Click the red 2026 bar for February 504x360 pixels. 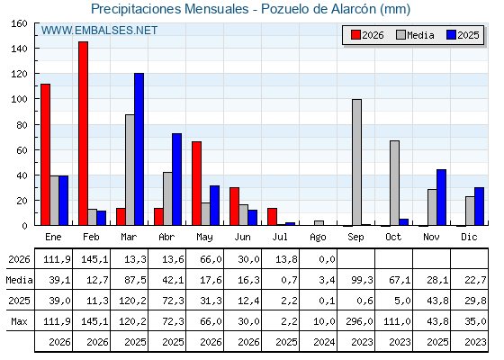pyautogui.click(x=83, y=133)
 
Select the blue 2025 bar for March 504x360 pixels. pyautogui.click(x=139, y=149)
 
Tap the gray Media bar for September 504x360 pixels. pyautogui.click(x=356, y=162)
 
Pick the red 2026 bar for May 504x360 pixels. pyautogui.click(x=197, y=184)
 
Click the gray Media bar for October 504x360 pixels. pyautogui.click(x=395, y=183)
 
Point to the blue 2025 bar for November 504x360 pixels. pyautogui.click(x=441, y=197)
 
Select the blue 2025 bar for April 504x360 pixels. pyautogui.click(x=176, y=179)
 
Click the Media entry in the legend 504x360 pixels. pyautogui.click(x=415, y=35)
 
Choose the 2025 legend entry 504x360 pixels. pyautogui.click(x=463, y=35)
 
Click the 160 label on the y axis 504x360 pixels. pyautogui.click(x=19, y=23)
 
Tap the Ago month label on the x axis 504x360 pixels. pyautogui.click(x=318, y=238)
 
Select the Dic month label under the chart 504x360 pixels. pyautogui.click(x=469, y=237)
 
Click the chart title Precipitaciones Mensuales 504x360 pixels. pyautogui.click(x=170, y=9)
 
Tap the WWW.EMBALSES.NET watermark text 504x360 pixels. pyautogui.click(x=99, y=31)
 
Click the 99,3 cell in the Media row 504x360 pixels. pyautogui.click(x=362, y=280)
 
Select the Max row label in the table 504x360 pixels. pyautogui.click(x=19, y=321)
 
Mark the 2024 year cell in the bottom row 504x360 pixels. pyautogui.click(x=324, y=342)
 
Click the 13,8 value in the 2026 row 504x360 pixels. pyautogui.click(x=286, y=259)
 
